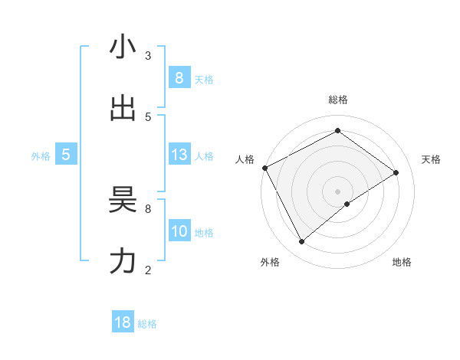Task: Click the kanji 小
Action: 123,47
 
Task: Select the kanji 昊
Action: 123,199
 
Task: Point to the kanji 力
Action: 123,260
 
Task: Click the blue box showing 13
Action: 179,155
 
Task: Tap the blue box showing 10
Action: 179,232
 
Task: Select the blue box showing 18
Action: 123,322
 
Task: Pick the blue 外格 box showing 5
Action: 66,155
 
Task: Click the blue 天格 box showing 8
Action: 179,77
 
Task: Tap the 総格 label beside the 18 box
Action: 147,324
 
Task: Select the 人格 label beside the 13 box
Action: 204,156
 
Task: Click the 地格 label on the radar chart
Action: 402,262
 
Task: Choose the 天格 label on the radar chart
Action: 431,159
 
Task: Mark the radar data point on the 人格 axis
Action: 264,168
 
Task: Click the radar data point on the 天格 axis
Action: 396,172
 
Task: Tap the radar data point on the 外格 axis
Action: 301,242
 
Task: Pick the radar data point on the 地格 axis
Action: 347,204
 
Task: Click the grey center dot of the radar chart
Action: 337,191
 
